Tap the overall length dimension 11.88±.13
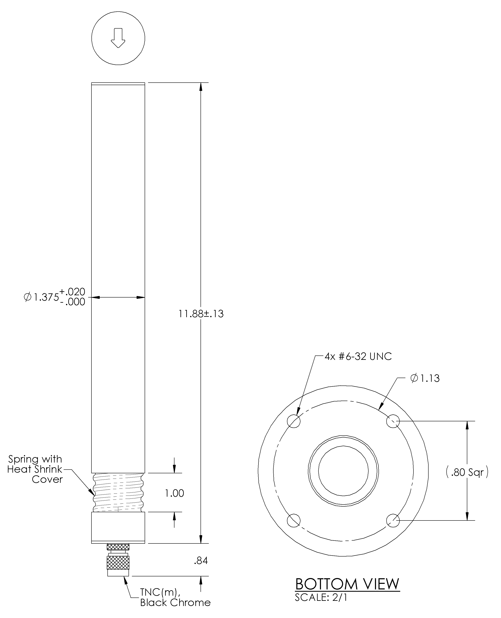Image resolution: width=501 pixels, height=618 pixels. pos(201,314)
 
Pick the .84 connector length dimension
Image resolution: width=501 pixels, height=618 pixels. pos(201,561)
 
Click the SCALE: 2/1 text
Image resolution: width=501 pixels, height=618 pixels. pos(321,597)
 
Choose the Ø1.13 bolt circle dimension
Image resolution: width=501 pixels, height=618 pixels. pos(425,378)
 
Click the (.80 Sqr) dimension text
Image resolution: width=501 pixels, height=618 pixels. pos(467,472)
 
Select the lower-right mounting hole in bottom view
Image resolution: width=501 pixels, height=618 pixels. pos(393,520)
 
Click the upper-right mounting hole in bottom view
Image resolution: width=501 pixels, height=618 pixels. pos(393,421)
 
